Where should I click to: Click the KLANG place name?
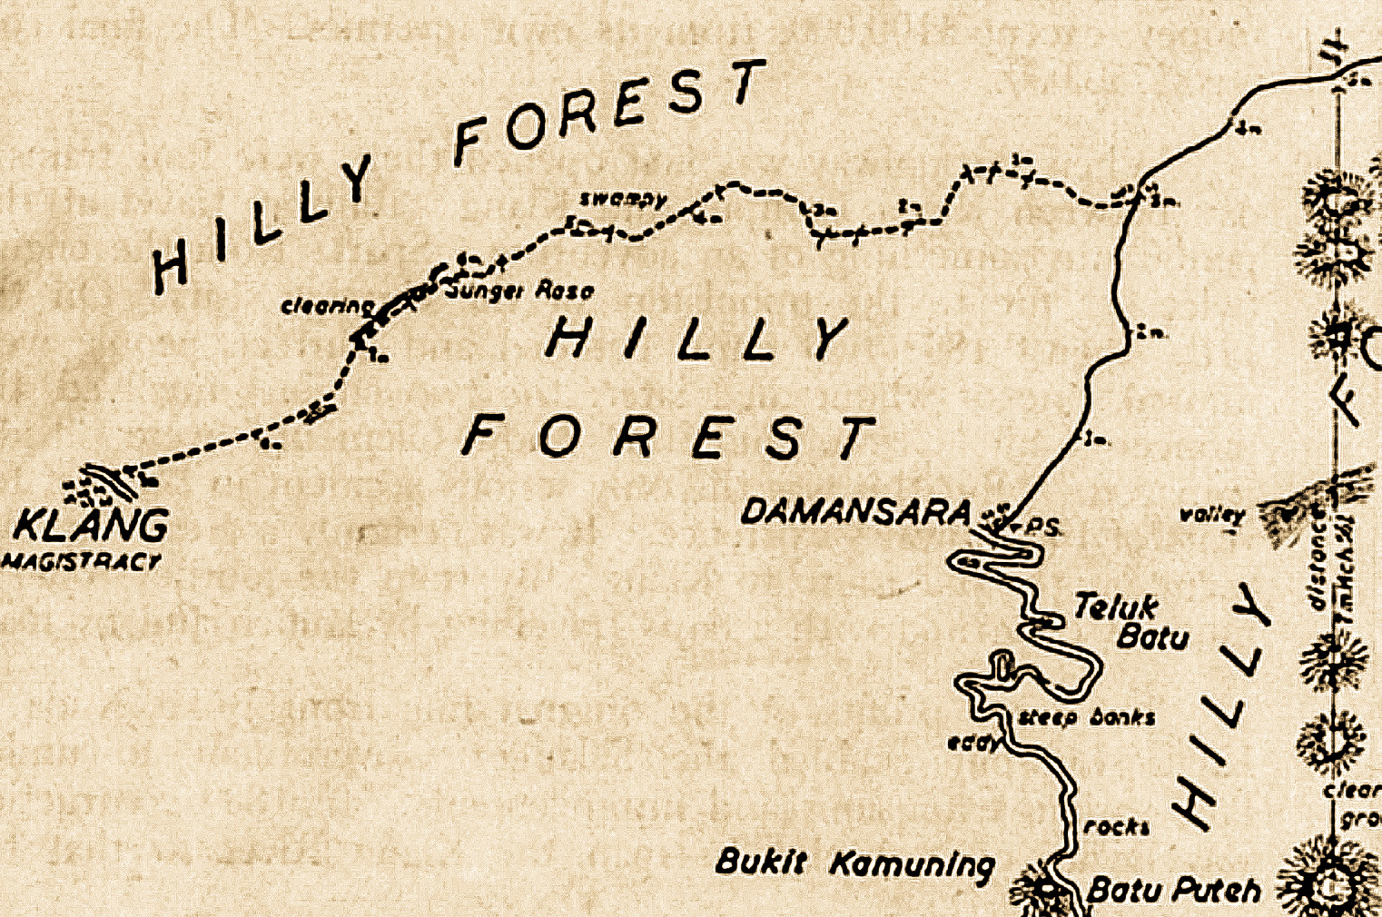[x=92, y=526]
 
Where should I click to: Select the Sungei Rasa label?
[x=521, y=291]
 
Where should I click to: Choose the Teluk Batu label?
[x=1130, y=621]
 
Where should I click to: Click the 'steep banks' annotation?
[x=1086, y=717]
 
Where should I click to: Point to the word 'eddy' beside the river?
[x=973, y=743]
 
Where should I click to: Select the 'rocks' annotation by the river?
[x=1117, y=826]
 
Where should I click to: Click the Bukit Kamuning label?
[x=854, y=863]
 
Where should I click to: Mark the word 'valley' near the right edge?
[x=1211, y=515]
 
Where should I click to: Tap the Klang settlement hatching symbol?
[x=104, y=486]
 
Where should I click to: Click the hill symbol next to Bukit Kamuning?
[x=1040, y=885]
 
